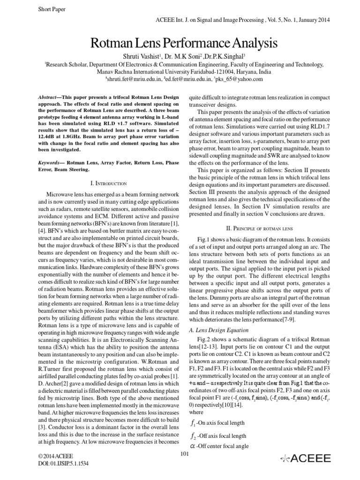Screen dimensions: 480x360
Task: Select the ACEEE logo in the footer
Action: point(305,458)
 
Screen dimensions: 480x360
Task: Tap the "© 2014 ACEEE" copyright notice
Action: point(53,455)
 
